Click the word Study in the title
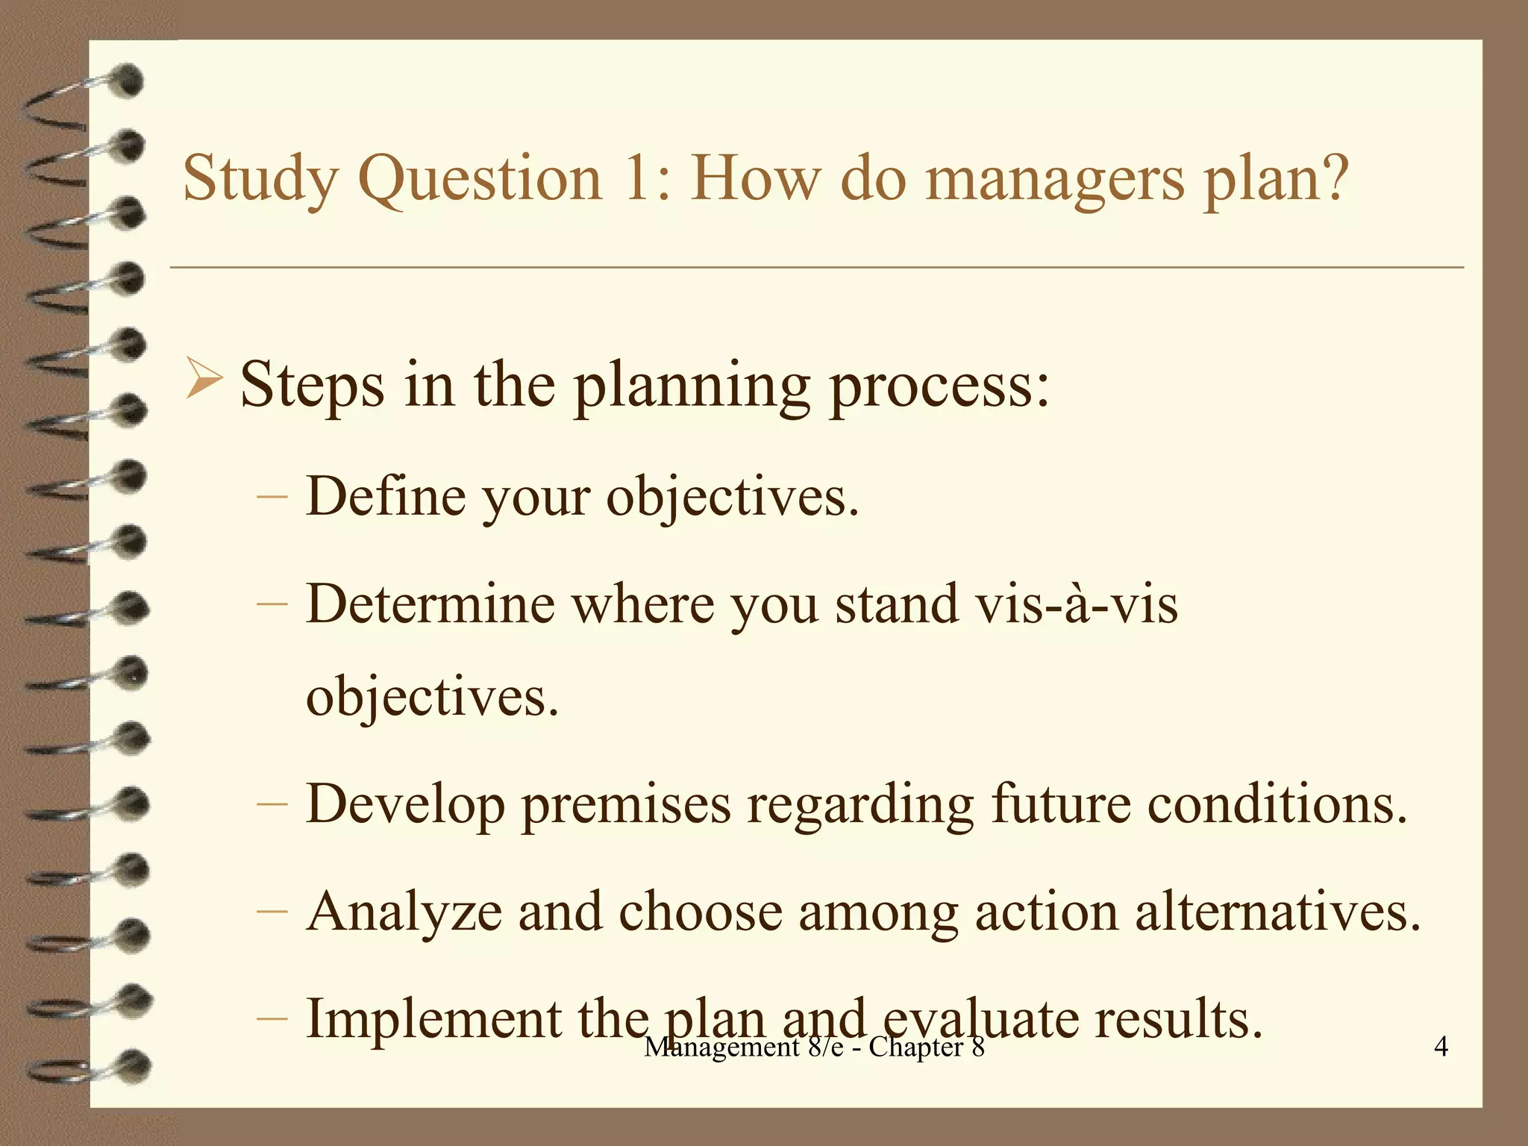click(x=260, y=179)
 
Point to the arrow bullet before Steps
click(x=203, y=378)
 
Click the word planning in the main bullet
click(x=692, y=386)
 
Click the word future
click(x=1060, y=804)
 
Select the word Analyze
click(x=404, y=912)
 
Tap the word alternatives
click(x=1277, y=912)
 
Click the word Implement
click(x=433, y=1019)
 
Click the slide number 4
click(x=1441, y=1046)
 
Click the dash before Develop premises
click(x=272, y=804)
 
